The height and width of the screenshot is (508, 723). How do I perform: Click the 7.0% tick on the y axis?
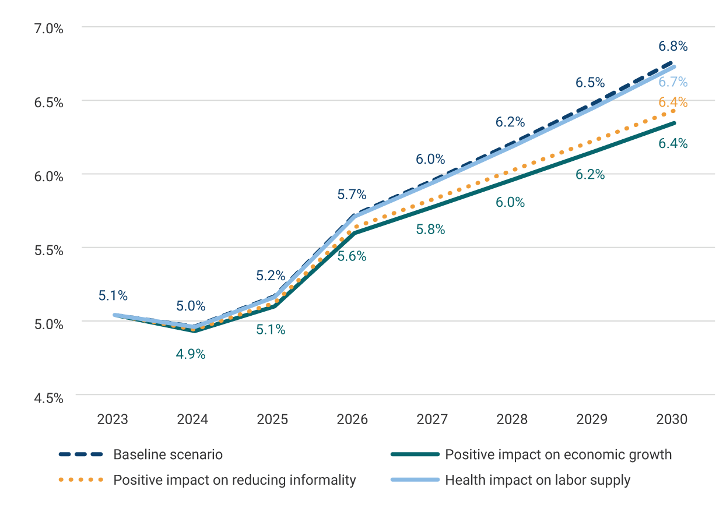point(48,28)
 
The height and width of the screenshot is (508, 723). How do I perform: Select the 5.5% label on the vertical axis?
point(48,250)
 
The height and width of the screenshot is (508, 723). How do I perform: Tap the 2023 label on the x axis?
point(113,419)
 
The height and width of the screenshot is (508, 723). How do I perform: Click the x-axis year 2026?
point(352,419)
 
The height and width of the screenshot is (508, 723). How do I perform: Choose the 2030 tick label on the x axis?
point(672,419)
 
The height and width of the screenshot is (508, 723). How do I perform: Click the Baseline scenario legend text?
point(168,454)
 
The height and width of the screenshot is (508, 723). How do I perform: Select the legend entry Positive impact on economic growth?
point(558,454)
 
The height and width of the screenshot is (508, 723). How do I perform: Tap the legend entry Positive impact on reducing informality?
point(234,480)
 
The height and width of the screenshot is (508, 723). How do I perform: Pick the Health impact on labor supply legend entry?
point(538,480)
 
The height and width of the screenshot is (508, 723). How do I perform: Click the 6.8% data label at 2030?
point(673,46)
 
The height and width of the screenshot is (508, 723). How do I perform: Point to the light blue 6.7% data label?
point(673,82)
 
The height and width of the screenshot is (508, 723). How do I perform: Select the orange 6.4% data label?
point(673,103)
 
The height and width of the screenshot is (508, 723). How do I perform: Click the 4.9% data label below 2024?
point(191,354)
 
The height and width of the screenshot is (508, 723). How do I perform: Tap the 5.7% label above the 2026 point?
point(352,195)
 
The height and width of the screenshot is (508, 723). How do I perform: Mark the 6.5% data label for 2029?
point(590,83)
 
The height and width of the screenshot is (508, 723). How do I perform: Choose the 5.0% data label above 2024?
point(191,306)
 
